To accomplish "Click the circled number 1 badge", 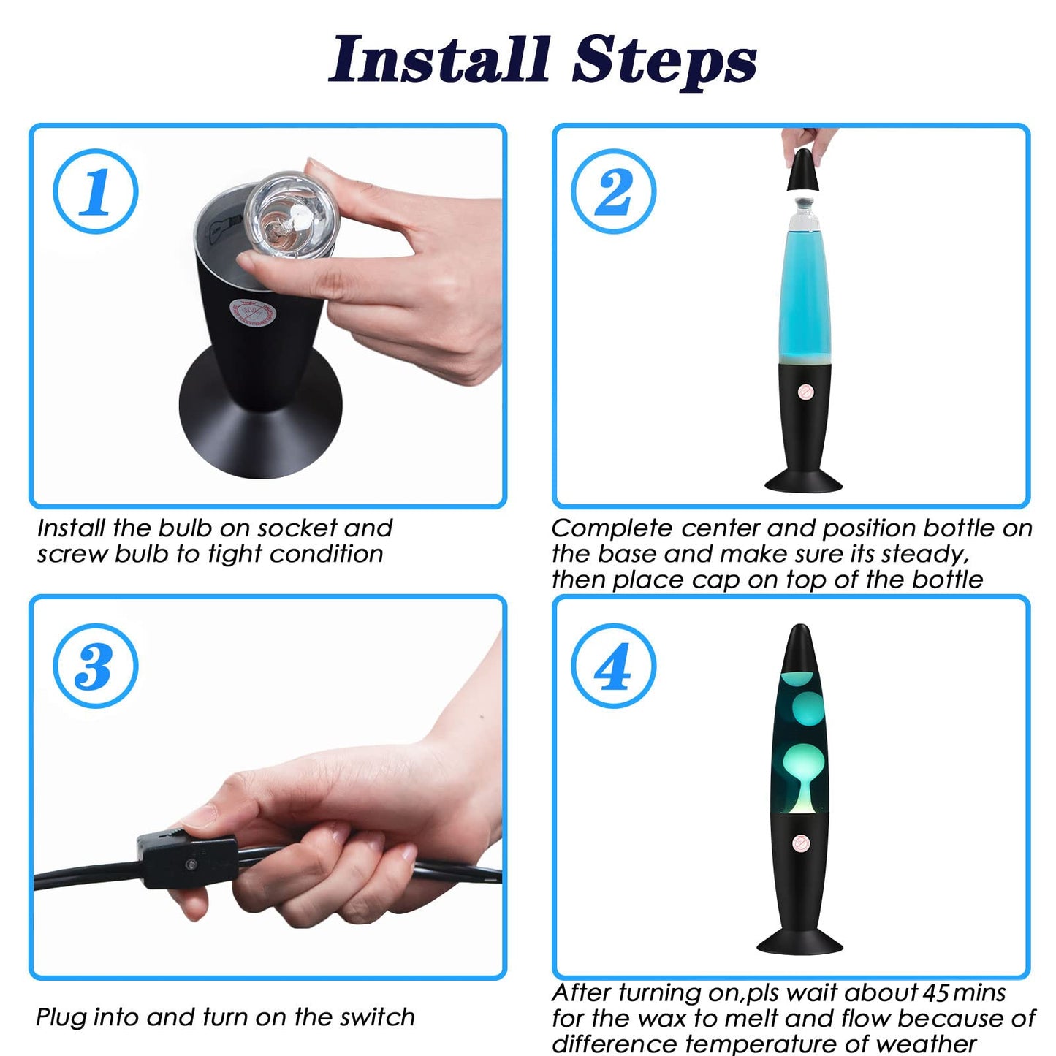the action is tap(95, 191).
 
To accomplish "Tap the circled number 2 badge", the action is tap(613, 191).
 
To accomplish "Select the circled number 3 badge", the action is tap(95, 666).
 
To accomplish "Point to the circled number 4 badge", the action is tap(613, 666).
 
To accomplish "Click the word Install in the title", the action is tap(440, 59).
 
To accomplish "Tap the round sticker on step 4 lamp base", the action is tap(800, 843).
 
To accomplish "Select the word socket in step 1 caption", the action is tap(297, 528).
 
